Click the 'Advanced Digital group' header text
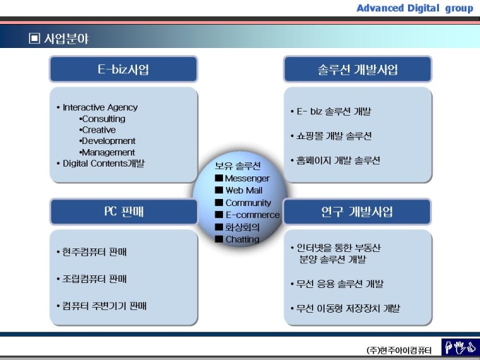click(415, 8)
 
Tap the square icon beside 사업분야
click(35, 39)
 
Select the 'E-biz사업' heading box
click(124, 69)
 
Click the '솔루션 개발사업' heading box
click(358, 69)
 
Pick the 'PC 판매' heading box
click(124, 212)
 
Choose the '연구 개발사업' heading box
click(357, 212)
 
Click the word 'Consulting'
click(104, 119)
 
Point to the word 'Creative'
click(99, 130)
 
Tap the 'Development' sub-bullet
click(107, 141)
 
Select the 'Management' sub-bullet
click(107, 152)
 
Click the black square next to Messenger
click(219, 178)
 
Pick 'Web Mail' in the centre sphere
click(244, 191)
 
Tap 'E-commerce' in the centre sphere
click(253, 215)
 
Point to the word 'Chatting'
click(242, 239)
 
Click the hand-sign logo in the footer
click(460, 347)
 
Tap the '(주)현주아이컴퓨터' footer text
click(399, 350)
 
